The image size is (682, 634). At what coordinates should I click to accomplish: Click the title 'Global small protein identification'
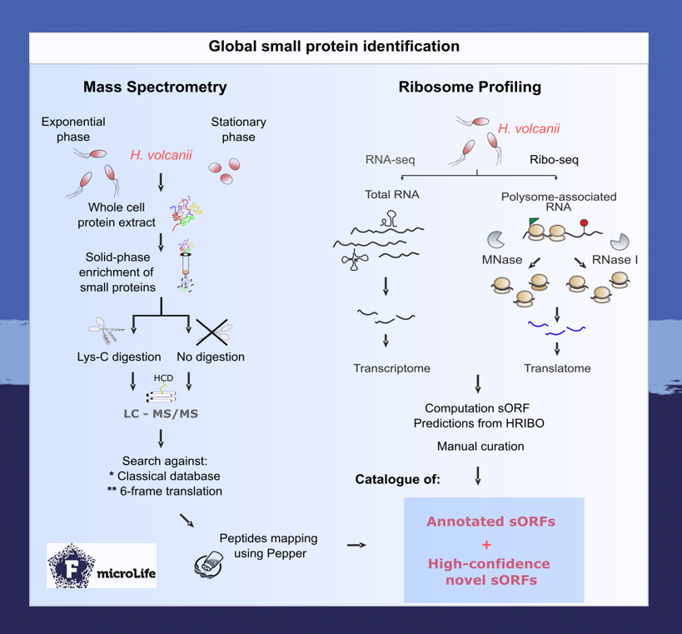[333, 47]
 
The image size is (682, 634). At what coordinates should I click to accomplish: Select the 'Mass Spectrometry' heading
[155, 87]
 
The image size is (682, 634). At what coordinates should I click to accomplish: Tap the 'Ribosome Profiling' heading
[470, 87]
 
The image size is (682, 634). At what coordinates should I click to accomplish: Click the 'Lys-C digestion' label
[114, 357]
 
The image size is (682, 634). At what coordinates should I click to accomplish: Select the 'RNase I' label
[615, 260]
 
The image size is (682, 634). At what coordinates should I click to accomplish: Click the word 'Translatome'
[557, 367]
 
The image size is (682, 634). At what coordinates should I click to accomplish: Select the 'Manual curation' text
[480, 447]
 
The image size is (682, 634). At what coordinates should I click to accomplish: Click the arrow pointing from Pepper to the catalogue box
[356, 545]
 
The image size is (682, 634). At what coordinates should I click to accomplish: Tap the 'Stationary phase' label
[238, 129]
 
